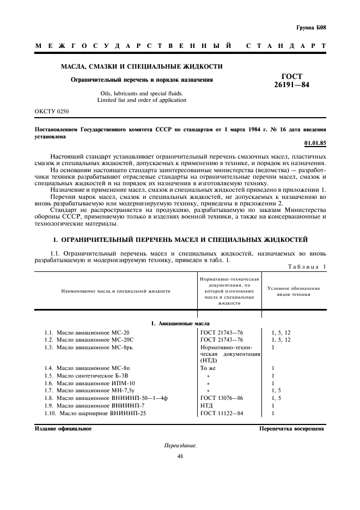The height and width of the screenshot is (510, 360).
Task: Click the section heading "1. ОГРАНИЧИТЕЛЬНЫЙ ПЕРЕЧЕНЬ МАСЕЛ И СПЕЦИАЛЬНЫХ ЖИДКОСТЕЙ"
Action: tap(180, 240)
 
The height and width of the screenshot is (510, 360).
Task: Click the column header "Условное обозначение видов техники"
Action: tap(294, 291)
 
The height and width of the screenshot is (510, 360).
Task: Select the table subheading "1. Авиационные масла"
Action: tap(180, 324)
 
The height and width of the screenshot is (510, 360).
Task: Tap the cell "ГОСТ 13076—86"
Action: tap(222, 398)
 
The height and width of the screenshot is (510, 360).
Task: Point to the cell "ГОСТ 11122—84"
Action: tap(222, 414)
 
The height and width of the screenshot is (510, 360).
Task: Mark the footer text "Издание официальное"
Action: tap(63, 429)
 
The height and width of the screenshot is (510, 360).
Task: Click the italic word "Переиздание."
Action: tap(180, 446)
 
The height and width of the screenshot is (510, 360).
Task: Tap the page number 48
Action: tap(180, 456)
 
